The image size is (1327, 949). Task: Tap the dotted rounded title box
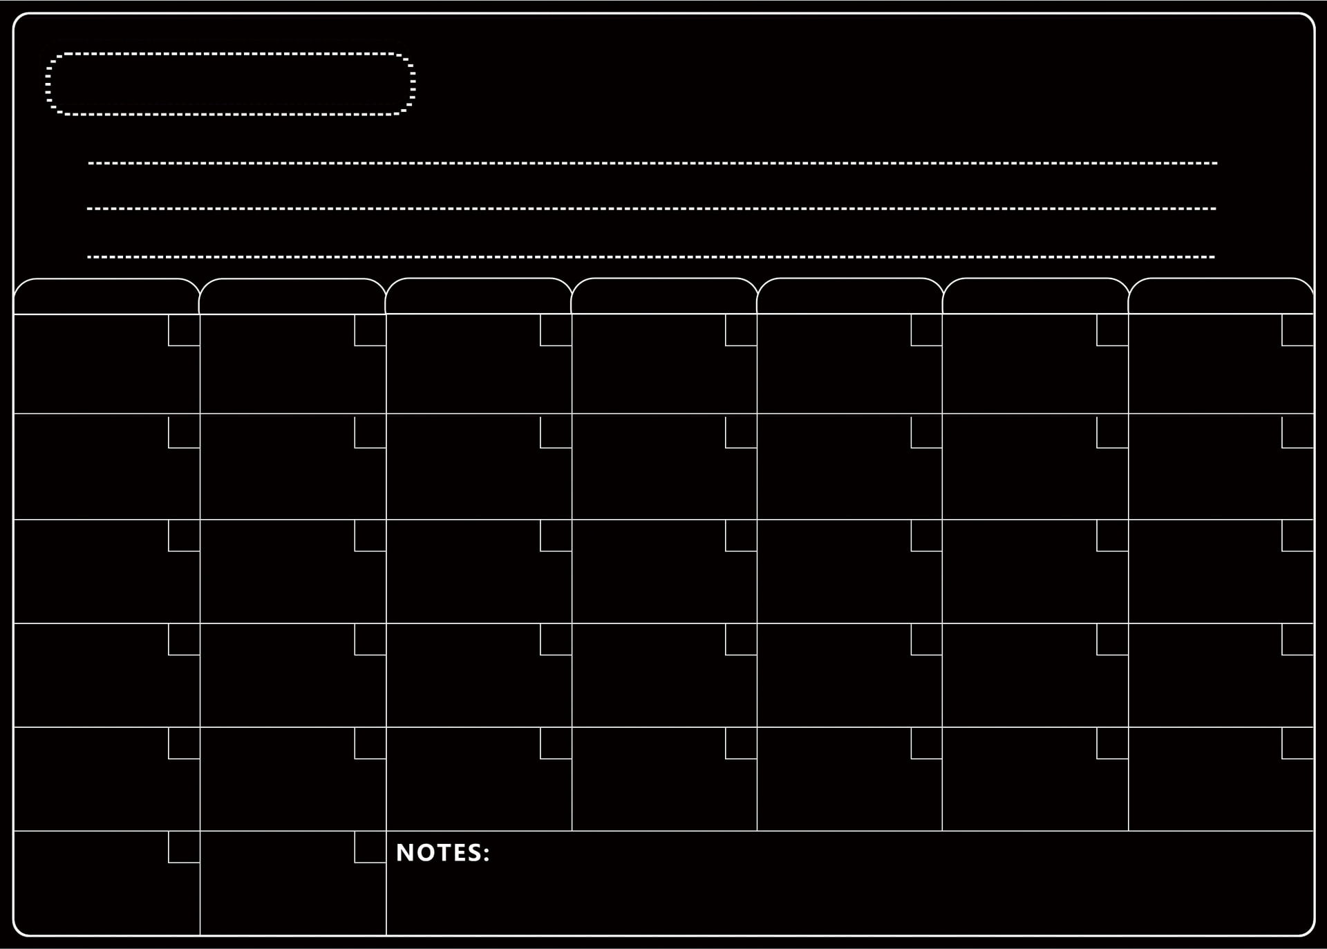[x=230, y=84]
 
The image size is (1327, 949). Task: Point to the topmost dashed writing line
[x=652, y=164]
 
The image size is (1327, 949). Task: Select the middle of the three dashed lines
[x=651, y=209]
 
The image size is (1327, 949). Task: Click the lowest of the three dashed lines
[x=650, y=257]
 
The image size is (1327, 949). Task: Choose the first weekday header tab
[x=106, y=297]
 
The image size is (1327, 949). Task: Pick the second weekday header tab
[x=292, y=297]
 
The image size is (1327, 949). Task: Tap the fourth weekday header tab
[x=664, y=297]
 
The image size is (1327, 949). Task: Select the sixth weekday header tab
[x=1035, y=297]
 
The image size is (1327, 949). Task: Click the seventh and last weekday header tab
[x=1221, y=297]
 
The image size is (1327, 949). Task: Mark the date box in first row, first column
[x=185, y=330]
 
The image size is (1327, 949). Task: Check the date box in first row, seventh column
[x=1298, y=330]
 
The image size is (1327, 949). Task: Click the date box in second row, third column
[x=556, y=432]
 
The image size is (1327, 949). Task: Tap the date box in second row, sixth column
[x=1113, y=432]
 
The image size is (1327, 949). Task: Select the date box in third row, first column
[x=185, y=536]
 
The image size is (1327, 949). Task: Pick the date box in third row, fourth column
[x=742, y=536]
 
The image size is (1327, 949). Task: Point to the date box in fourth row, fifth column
[x=927, y=639]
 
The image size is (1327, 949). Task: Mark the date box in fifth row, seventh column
[x=1298, y=743]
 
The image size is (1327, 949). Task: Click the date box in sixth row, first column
[x=185, y=847]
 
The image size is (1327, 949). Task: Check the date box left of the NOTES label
[x=370, y=847]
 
